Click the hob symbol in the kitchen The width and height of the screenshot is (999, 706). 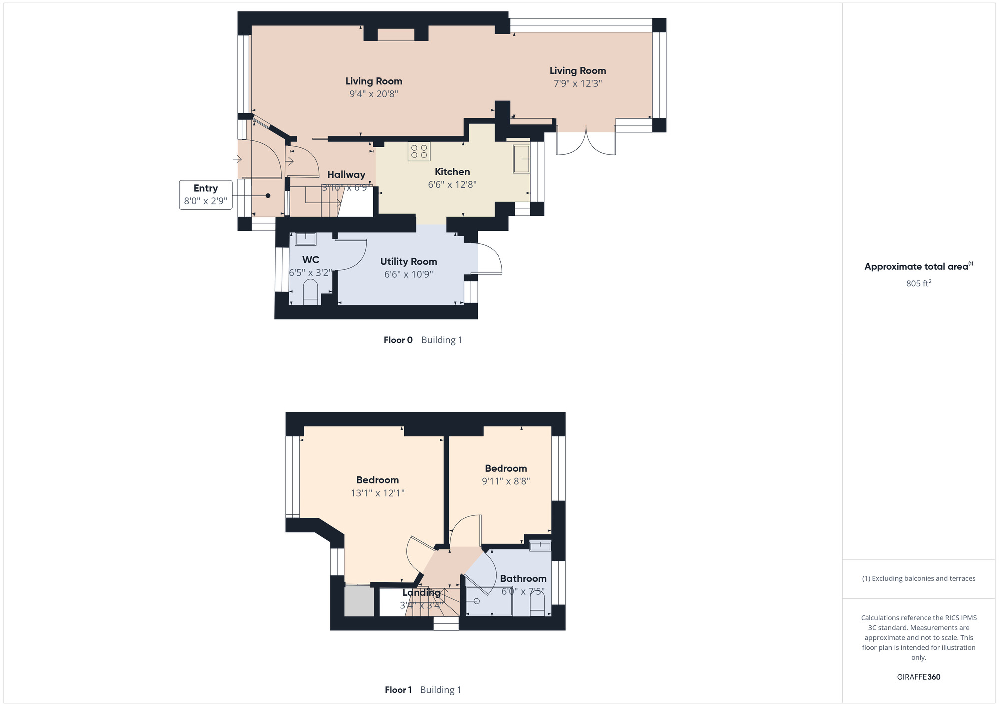pos(419,151)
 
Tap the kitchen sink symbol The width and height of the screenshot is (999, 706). pos(522,159)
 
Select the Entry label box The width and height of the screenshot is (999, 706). pos(206,195)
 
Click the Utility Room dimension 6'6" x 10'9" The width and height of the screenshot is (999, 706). pos(408,274)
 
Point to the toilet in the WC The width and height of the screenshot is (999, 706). pos(310,292)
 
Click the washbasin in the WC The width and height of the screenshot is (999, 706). pos(305,239)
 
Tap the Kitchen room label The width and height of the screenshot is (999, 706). pos(452,172)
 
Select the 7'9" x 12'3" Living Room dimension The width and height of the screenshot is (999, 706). pos(577,84)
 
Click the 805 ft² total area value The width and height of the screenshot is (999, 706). pos(918,283)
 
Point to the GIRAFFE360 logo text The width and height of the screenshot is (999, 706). pos(918,677)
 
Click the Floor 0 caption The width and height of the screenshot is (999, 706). pos(398,340)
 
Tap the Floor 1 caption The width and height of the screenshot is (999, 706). pos(398,690)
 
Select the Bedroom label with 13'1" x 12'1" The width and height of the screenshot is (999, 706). pos(377,480)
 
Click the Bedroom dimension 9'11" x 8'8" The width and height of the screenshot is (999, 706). pos(505,481)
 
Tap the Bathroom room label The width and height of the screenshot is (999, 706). pos(523,579)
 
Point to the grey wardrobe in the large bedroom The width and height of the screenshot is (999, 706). pos(359,601)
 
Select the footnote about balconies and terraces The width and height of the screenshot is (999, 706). pos(918,579)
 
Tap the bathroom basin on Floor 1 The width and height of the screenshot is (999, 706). pos(540,546)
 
